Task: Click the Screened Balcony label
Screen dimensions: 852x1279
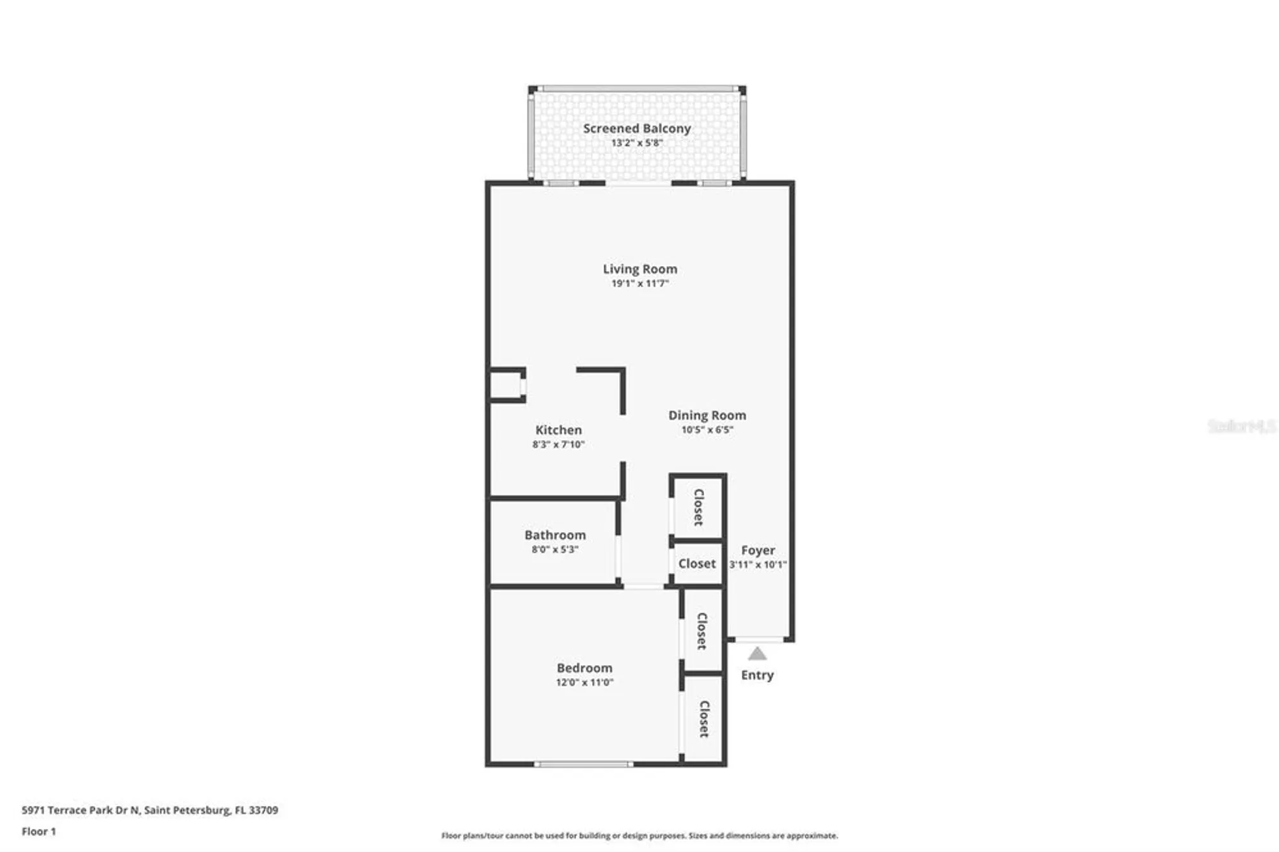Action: pos(636,129)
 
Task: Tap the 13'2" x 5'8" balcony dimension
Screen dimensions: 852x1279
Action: pos(636,143)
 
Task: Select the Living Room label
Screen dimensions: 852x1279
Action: pos(639,269)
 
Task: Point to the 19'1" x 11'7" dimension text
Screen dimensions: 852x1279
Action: pos(639,283)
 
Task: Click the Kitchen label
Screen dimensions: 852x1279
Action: pos(558,430)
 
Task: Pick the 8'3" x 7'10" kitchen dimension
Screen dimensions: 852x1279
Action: pos(558,445)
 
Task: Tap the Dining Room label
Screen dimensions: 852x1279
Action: pos(707,416)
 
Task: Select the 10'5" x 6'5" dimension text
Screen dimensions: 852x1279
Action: pos(707,430)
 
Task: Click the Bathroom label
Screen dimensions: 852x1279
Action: pos(554,535)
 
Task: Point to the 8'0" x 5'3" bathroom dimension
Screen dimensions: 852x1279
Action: pos(554,549)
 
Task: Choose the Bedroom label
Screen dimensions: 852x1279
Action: pos(584,668)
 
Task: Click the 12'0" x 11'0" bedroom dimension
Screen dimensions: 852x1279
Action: pos(584,682)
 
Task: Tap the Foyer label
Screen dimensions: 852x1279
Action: pos(758,551)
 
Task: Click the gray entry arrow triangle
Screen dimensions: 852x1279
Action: pos(757,654)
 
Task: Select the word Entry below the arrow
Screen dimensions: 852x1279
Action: pos(757,675)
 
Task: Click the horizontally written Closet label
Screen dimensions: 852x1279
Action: pos(696,564)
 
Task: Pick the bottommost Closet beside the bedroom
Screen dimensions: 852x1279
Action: pos(703,719)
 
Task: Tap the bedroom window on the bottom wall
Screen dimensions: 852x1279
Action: pos(583,764)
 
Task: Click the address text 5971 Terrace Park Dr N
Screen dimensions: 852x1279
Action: pos(80,810)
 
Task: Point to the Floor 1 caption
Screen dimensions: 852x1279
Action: pos(38,832)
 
